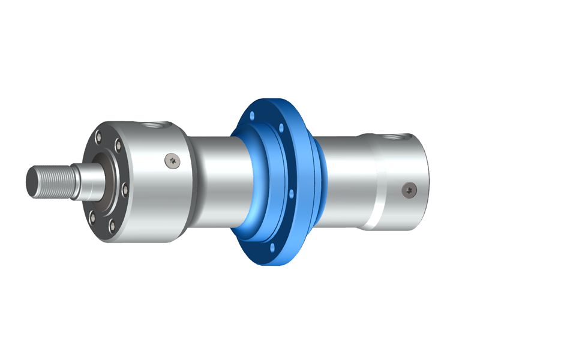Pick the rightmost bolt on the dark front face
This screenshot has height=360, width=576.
pos(124,191)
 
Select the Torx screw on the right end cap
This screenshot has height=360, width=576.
pos(410,189)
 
